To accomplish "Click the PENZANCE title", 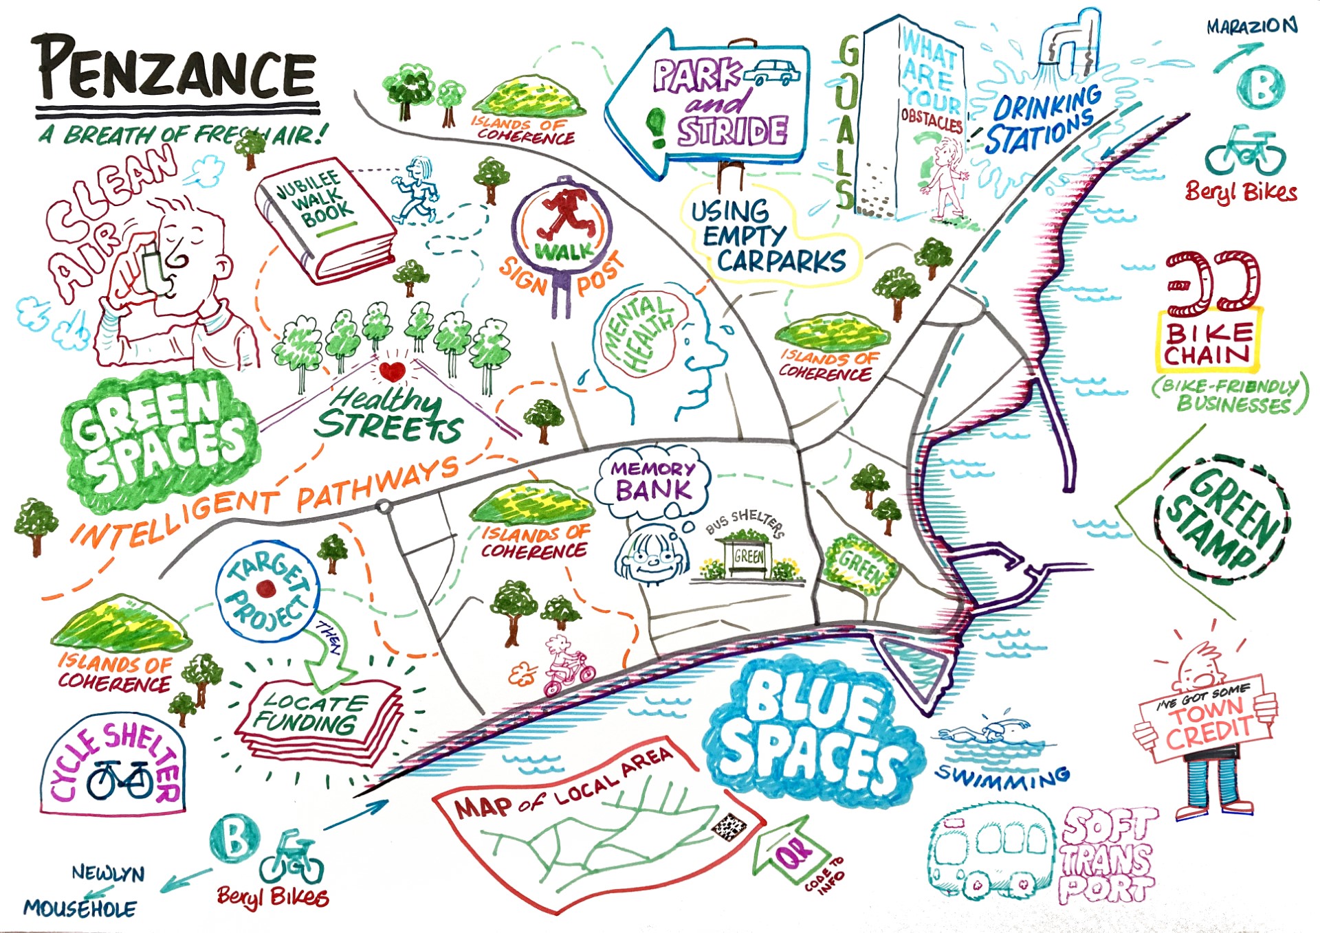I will [x=176, y=69].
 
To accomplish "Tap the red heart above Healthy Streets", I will [x=392, y=372].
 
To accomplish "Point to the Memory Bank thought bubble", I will [x=653, y=481].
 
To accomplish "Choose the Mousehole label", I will [x=80, y=909].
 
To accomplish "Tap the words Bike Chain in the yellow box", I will [x=1209, y=344].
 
